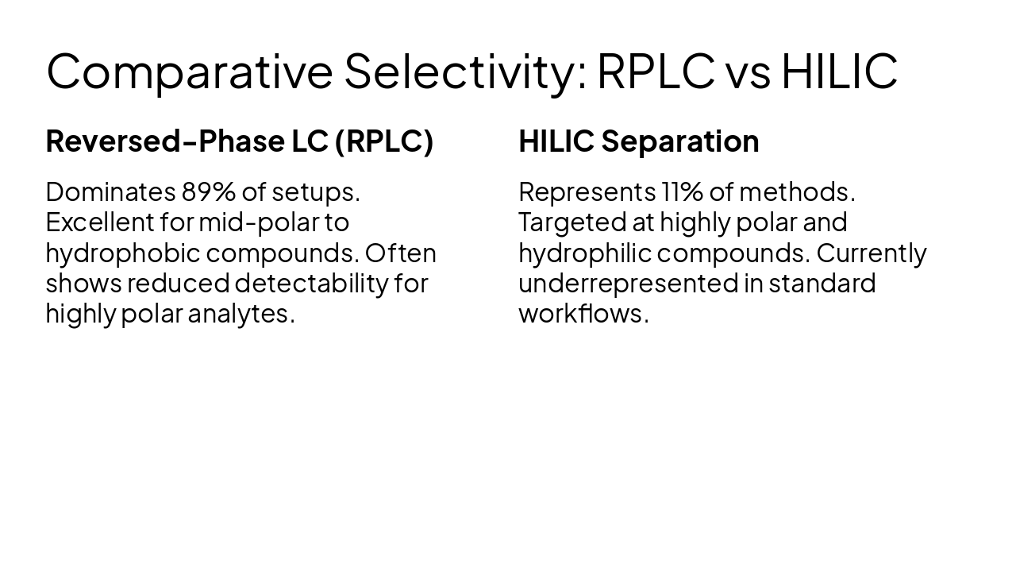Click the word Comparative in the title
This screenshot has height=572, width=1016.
click(189, 71)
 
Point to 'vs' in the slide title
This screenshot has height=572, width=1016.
click(747, 71)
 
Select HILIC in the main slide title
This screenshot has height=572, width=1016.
click(839, 71)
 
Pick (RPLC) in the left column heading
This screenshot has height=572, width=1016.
click(383, 141)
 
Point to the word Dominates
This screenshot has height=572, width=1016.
click(110, 192)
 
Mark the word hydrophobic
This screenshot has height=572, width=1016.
click(122, 253)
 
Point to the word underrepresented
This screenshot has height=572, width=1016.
click(628, 284)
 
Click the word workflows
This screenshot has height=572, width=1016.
click(581, 314)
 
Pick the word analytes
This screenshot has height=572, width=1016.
click(241, 314)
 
